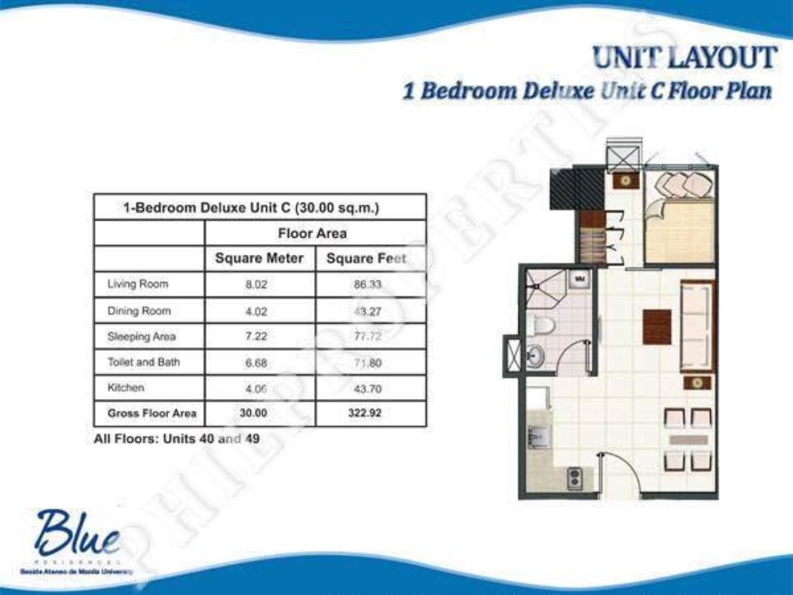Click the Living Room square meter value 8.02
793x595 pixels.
coord(256,285)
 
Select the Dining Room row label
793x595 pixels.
coord(139,311)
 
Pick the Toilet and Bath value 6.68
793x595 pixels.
coord(256,363)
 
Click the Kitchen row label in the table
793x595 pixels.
coord(126,388)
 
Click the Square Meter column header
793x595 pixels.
coord(259,259)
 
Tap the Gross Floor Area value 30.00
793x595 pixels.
coord(256,413)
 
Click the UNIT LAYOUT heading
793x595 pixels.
coord(684,59)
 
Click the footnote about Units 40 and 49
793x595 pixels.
coord(176,439)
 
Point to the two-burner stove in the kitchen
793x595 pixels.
coord(575,477)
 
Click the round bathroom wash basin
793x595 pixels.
coord(535,354)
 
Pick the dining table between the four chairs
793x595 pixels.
coord(688,439)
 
